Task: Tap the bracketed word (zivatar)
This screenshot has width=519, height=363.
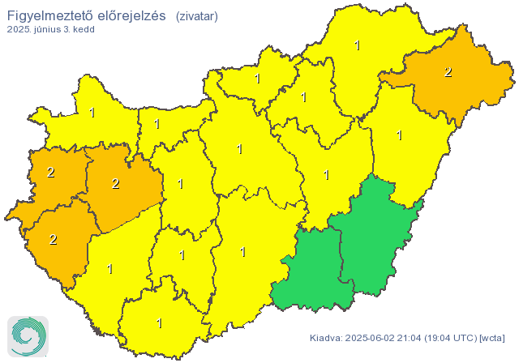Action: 196,15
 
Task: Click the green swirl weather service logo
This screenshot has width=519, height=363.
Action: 28,335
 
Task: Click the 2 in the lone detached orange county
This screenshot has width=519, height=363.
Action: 448,72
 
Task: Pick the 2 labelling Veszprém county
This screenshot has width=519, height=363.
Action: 115,184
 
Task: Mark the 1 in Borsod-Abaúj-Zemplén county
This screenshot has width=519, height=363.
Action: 358,45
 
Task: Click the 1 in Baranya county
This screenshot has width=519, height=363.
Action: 159,323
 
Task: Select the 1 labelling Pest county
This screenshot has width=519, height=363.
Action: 239,149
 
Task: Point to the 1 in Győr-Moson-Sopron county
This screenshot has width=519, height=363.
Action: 92,113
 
